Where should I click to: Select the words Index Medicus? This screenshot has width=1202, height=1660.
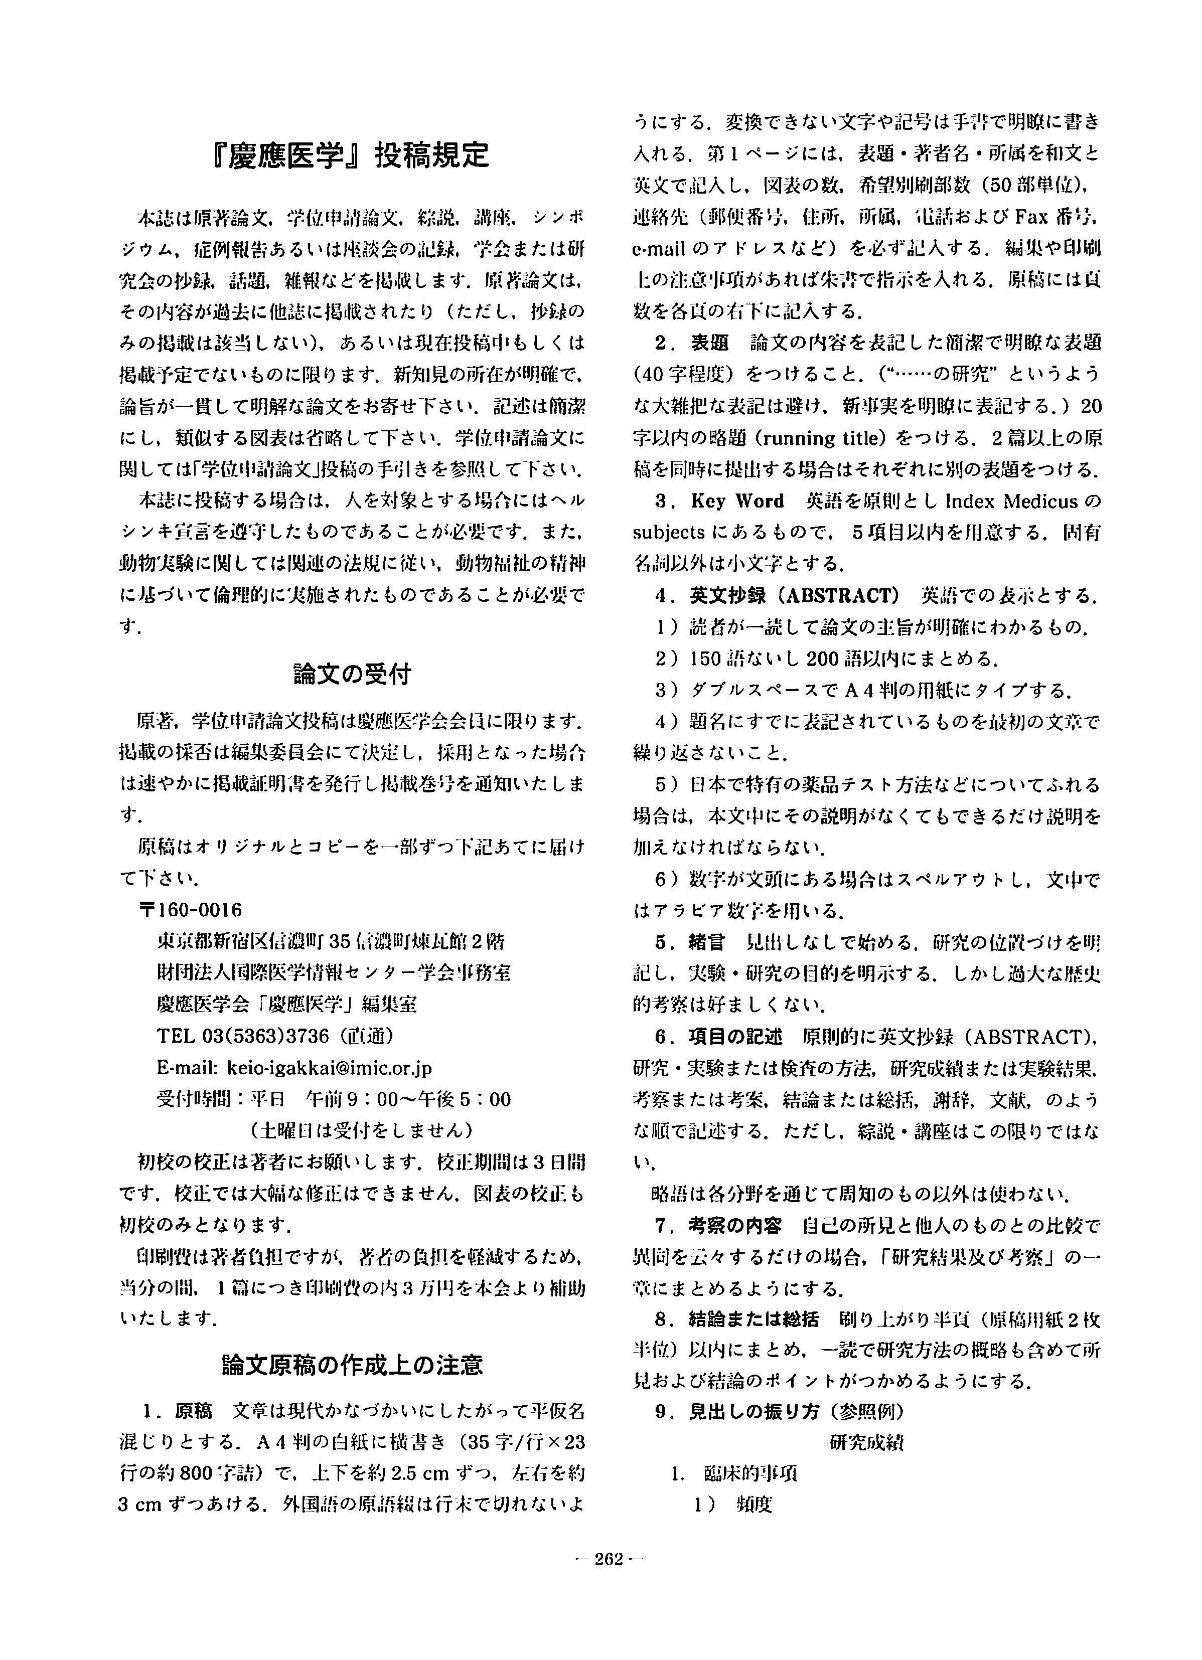coord(1012,502)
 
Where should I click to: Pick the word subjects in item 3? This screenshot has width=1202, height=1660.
coord(668,533)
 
